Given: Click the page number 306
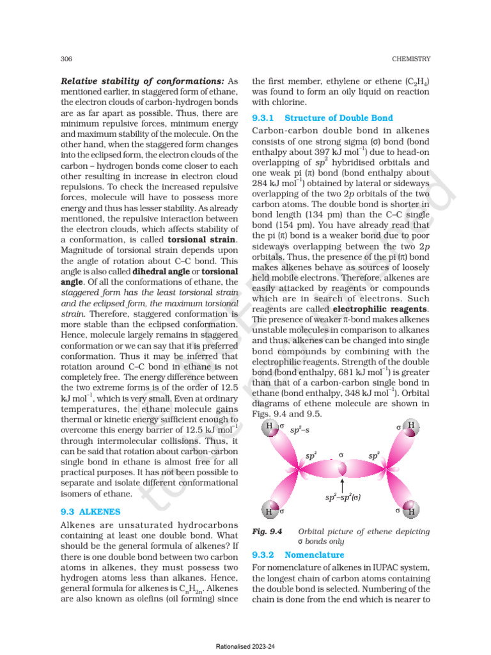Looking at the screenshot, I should coord(65,59).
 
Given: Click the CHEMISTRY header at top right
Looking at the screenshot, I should coord(411,59).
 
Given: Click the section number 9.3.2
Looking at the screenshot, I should coord(263,555).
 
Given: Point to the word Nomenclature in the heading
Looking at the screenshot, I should coord(314,555).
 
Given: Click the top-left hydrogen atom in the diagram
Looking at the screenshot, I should coord(270,427).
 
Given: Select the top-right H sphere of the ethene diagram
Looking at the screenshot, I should coord(411,425).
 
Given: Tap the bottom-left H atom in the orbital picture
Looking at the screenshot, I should coord(270,511).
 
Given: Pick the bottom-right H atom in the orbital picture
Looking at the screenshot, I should coord(411,511).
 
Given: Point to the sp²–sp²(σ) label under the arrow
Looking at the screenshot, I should coord(343,496).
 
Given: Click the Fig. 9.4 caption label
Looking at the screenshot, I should coord(263,532).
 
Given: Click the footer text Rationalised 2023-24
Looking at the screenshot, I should coord(245,647).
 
